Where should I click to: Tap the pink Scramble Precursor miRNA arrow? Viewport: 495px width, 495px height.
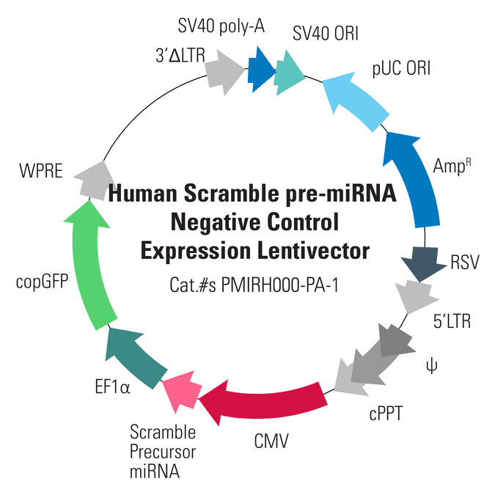tap(182, 391)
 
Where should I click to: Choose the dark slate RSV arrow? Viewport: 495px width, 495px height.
tap(423, 263)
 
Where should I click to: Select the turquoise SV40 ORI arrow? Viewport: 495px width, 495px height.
tap(288, 73)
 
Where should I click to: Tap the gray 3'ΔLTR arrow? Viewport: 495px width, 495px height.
tap(224, 72)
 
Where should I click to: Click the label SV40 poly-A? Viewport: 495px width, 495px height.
tap(221, 26)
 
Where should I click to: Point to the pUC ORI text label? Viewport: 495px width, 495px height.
tap(401, 68)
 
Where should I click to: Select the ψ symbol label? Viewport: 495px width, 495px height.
tap(431, 366)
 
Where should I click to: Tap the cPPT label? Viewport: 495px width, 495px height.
tap(386, 413)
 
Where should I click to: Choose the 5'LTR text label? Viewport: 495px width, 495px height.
tap(452, 321)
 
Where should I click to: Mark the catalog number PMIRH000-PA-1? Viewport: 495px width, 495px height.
tap(279, 285)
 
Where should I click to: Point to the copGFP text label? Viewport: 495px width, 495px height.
tap(42, 282)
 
